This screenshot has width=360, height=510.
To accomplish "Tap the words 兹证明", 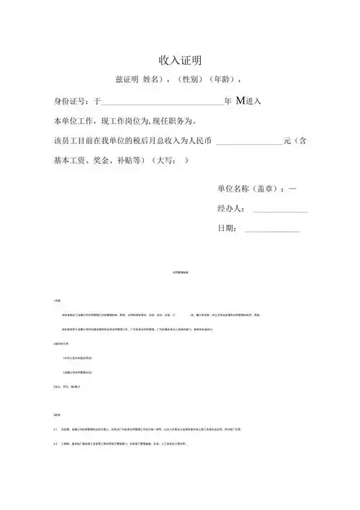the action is [x=130, y=80].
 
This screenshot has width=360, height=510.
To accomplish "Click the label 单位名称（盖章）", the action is [x=249, y=189].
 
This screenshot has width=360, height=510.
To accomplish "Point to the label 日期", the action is [x=225, y=228].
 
